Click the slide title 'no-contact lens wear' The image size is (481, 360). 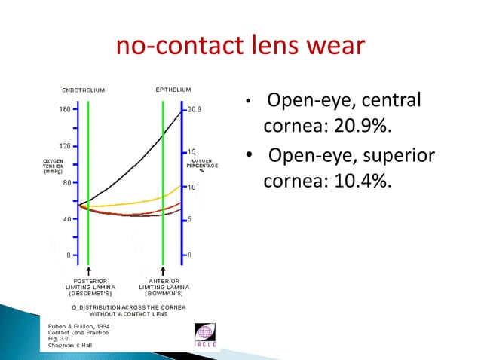[240, 47]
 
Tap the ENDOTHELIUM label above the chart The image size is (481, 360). [83, 90]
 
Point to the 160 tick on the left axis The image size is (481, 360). [65, 109]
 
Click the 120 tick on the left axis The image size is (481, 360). [65, 145]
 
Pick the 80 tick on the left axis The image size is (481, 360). [66, 182]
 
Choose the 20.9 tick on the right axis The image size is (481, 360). [195, 109]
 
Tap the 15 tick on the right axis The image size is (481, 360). [192, 151]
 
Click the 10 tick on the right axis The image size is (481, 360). [192, 187]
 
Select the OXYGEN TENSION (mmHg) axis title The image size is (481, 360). [52, 166]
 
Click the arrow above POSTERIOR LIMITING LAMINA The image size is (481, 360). [89, 270]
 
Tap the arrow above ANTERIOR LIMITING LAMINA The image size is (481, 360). [164, 270]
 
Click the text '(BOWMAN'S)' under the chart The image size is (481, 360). [164, 293]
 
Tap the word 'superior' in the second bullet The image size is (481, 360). [397, 157]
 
